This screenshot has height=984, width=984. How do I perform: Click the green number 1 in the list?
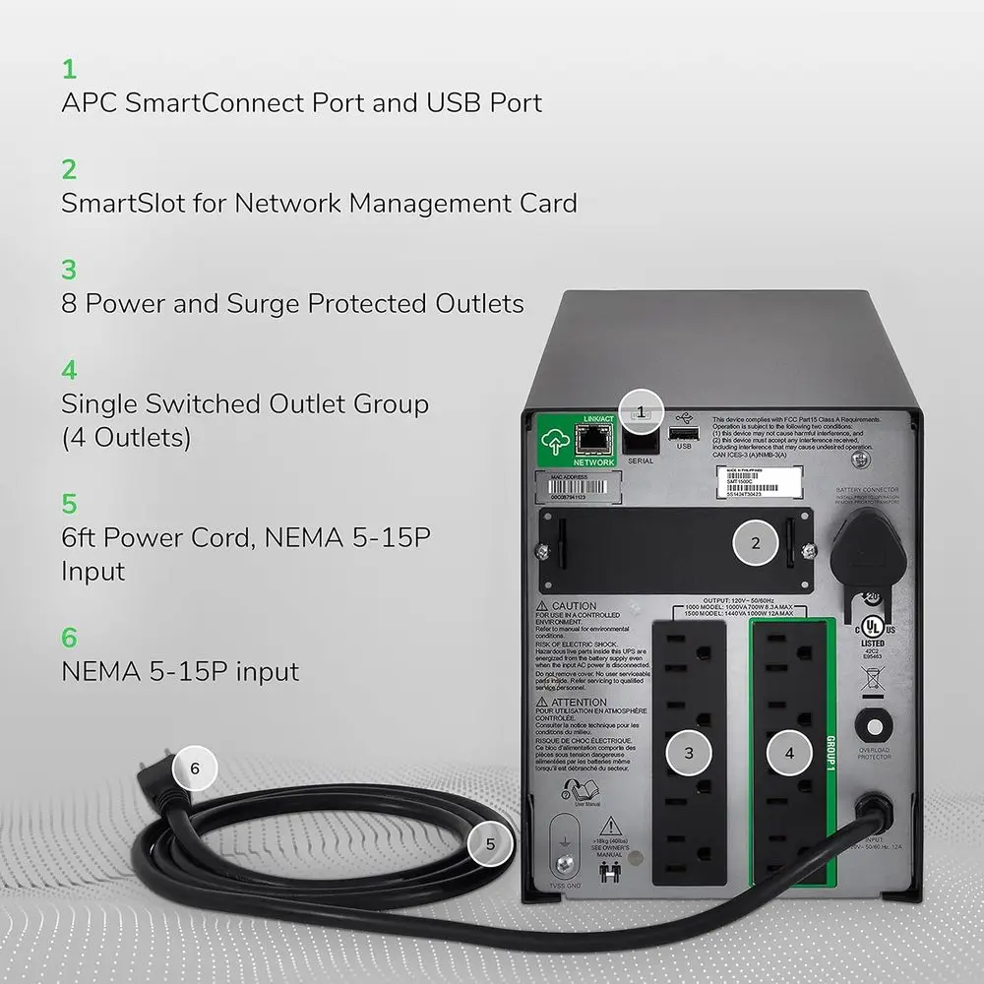pyautogui.click(x=69, y=69)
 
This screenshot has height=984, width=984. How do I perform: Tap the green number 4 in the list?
pyautogui.click(x=69, y=370)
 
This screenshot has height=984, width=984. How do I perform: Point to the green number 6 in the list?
pyautogui.click(x=69, y=638)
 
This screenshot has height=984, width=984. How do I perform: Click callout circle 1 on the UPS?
pyautogui.click(x=642, y=412)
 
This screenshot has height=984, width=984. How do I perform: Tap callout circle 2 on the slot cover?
pyautogui.click(x=756, y=543)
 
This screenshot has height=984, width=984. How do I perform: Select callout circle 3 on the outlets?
pyautogui.click(x=689, y=753)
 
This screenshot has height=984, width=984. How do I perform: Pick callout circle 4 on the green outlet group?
pyautogui.click(x=789, y=753)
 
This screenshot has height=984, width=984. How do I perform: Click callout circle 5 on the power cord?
pyautogui.click(x=489, y=842)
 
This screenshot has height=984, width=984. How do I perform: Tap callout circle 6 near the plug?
pyautogui.click(x=195, y=769)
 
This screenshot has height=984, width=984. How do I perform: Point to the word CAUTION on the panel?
pyautogui.click(x=574, y=606)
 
